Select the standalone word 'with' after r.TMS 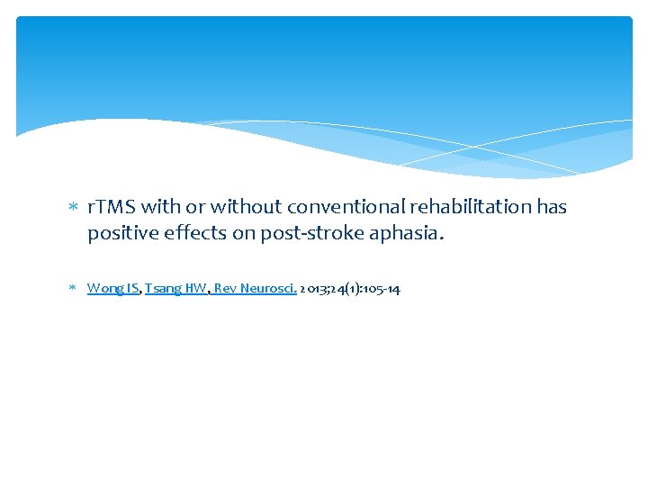click(x=160, y=207)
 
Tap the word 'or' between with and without click(x=194, y=207)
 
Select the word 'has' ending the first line click(x=552, y=207)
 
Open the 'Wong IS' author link click(x=112, y=289)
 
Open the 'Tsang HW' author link click(x=175, y=289)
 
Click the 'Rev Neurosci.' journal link click(x=262, y=289)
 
